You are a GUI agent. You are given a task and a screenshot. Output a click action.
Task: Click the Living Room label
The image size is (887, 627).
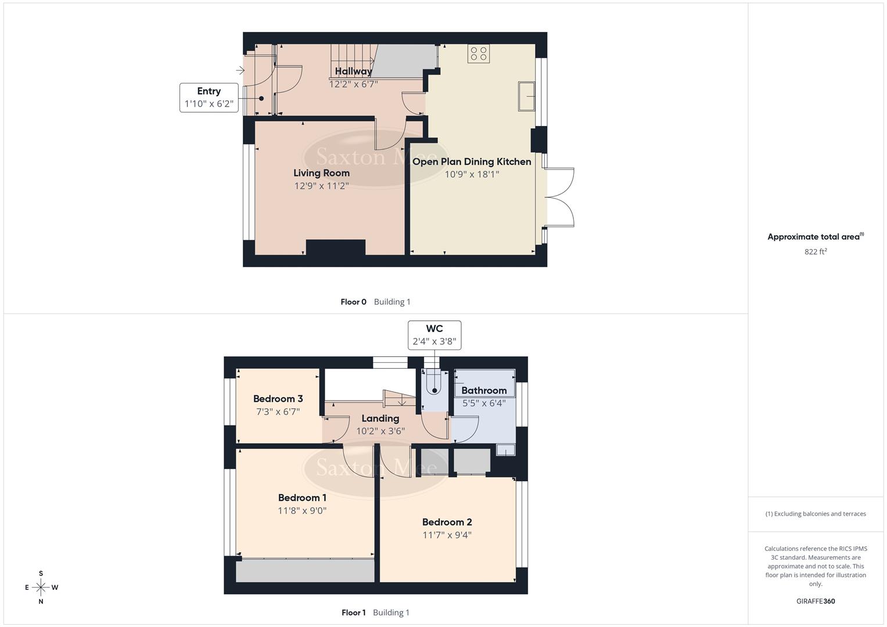pos(321,173)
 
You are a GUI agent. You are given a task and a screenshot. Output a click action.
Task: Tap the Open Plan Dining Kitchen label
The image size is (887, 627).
pos(471,161)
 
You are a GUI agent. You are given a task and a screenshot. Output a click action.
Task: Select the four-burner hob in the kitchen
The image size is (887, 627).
pos(479,53)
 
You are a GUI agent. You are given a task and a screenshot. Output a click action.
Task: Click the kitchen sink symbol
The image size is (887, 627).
pos(527,96)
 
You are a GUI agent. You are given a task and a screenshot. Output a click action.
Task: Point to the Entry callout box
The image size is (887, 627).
pos(209,98)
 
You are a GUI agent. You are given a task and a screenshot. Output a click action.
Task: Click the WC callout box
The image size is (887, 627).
pos(434,335)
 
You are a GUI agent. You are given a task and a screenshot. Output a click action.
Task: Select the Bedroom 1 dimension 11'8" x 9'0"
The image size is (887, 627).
pos(302,511)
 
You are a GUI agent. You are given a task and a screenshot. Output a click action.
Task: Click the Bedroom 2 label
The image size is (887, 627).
pos(447,522)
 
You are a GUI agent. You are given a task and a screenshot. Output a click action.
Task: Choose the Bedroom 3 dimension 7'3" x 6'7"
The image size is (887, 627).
pos(278,412)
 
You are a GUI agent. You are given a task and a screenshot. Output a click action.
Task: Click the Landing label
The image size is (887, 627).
pos(380,419)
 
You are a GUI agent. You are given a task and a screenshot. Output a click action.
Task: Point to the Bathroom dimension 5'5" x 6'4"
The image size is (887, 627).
pos(483,403)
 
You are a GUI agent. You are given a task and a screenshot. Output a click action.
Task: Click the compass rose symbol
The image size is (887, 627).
pos(41,588)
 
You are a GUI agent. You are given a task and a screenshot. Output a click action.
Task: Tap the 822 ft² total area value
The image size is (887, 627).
pos(816,251)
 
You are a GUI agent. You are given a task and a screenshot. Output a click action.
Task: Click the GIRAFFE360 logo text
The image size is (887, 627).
pos(816,601)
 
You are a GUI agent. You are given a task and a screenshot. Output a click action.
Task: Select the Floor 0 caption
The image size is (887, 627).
pos(353,302)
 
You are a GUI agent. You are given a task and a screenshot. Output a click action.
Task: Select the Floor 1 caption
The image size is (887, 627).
pos(353,612)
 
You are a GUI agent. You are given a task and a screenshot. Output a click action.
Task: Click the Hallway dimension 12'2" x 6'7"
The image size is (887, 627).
pos(353,84)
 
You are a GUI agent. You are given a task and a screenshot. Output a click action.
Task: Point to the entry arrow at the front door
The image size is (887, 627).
pos(240,71)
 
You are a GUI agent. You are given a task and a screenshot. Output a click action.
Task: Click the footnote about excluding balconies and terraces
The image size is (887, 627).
pos(816,514)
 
